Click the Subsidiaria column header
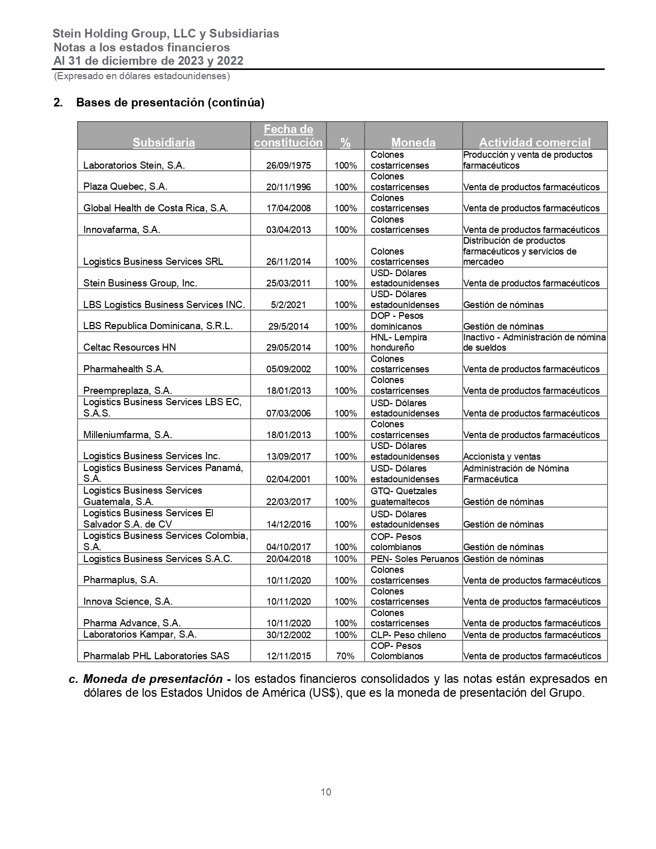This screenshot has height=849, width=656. (x=163, y=142)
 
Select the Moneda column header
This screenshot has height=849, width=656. (x=413, y=142)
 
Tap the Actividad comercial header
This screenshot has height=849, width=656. (x=535, y=142)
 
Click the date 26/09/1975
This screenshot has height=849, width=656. (x=288, y=166)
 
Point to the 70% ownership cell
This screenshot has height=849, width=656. (x=345, y=656)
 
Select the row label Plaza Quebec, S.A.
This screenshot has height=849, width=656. (x=125, y=187)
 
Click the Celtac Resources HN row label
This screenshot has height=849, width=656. (x=130, y=348)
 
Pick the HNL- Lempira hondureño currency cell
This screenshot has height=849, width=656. (x=399, y=342)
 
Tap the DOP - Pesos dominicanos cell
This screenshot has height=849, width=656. (x=397, y=321)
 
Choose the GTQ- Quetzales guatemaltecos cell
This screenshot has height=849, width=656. (x=404, y=496)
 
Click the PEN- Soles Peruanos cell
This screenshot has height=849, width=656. (x=414, y=559)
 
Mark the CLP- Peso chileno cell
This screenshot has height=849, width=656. (x=408, y=635)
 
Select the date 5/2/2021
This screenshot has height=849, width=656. (x=288, y=305)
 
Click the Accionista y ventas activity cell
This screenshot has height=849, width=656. (x=502, y=457)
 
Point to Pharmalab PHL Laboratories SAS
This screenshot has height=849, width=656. (x=156, y=656)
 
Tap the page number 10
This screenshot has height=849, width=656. (x=326, y=792)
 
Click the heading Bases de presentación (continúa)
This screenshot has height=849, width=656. (x=170, y=102)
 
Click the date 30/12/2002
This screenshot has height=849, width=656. (x=288, y=635)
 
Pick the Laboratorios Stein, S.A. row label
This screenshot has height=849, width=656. (x=134, y=166)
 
